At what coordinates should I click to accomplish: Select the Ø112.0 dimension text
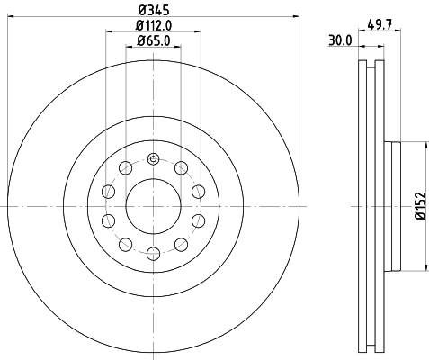(x=154, y=25)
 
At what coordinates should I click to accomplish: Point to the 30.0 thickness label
(x=339, y=40)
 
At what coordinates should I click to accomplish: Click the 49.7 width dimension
(x=380, y=25)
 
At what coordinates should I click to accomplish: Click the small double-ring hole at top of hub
(x=153, y=160)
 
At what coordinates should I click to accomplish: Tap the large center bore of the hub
(x=153, y=206)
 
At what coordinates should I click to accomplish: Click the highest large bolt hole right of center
(x=182, y=169)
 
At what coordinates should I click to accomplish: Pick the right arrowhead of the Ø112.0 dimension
(x=197, y=33)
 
